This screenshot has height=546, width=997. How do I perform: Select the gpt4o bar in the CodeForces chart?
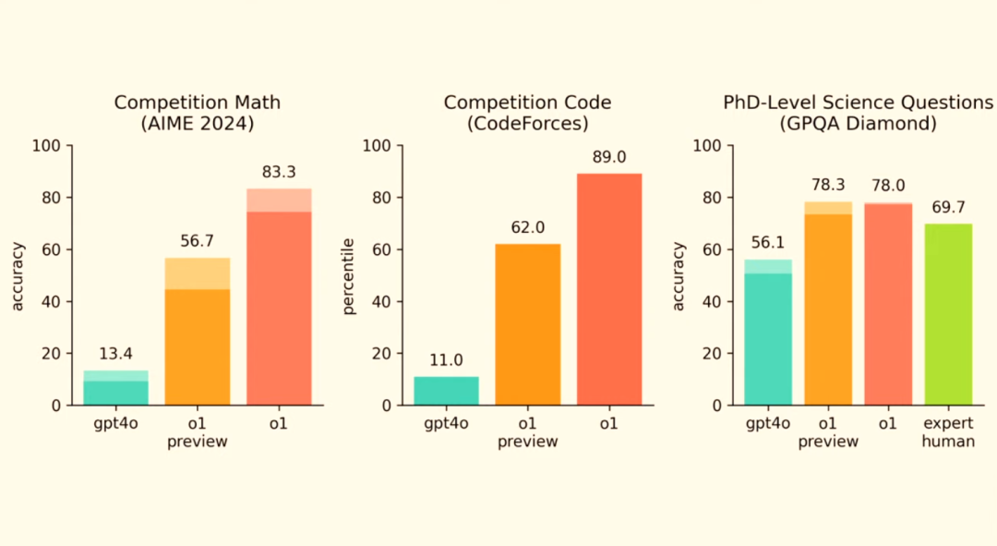(446, 391)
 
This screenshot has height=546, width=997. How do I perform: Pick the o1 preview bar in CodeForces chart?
(527, 323)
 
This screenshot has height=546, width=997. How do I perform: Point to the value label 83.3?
(278, 172)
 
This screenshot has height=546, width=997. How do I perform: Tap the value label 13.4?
(115, 355)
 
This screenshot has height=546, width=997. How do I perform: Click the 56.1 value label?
(767, 243)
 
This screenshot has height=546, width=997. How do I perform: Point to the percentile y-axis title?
(349, 275)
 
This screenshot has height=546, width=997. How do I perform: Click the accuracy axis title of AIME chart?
(18, 275)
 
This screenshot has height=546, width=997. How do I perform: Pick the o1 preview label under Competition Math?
(198, 432)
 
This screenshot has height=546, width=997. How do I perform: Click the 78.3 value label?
(828, 186)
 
